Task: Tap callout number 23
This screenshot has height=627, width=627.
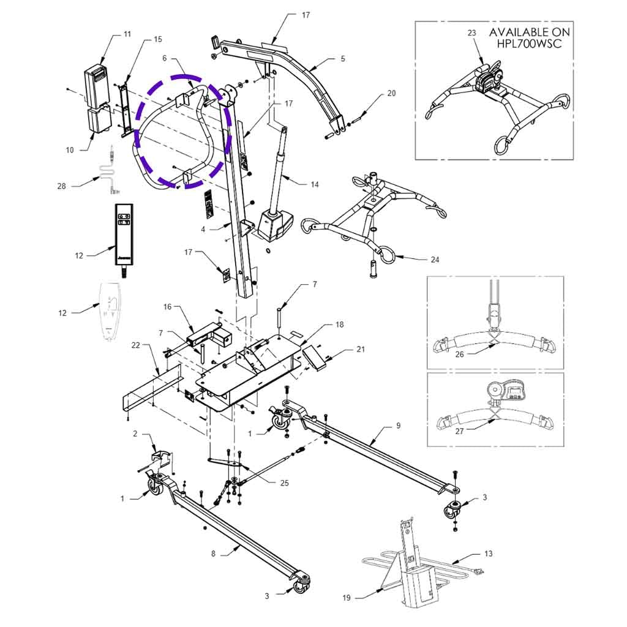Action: coord(471,34)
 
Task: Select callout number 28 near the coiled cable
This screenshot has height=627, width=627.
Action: coord(62,186)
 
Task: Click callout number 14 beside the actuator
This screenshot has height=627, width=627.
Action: coord(315,184)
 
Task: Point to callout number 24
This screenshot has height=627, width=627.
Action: coord(435,260)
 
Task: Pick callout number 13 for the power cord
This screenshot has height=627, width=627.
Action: coord(488,554)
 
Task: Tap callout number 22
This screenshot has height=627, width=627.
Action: coord(135,345)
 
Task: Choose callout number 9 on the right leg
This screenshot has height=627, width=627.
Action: coord(399,424)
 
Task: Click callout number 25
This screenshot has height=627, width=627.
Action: coord(284,483)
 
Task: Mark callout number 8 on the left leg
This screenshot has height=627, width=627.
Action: coord(213,554)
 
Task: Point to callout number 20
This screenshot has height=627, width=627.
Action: coord(392,94)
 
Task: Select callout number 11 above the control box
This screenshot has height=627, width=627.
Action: coord(127,34)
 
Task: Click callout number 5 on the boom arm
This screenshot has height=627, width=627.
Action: coord(343,59)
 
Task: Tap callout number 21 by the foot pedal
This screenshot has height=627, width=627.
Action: coord(360,350)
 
